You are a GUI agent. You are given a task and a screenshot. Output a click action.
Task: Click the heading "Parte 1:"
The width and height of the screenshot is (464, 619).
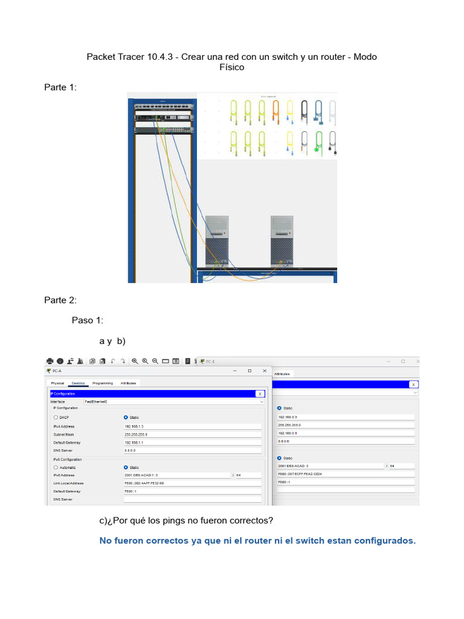[x=60, y=88]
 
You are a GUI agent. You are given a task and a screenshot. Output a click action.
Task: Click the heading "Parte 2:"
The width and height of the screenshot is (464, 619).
[x=60, y=300]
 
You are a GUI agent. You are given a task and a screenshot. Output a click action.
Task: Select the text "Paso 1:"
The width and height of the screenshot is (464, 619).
[x=88, y=320]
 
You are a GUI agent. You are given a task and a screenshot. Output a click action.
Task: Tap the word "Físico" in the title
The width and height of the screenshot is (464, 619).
[x=232, y=67]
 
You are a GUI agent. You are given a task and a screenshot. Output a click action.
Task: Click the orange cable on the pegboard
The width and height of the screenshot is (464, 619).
[x=275, y=112]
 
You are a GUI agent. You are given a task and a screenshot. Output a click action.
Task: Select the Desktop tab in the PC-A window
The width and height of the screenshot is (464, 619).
[x=79, y=383]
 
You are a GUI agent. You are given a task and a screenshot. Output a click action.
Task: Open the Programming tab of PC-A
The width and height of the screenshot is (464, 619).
[x=102, y=383]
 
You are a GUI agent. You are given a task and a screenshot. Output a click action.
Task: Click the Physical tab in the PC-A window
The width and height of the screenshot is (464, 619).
[x=57, y=383]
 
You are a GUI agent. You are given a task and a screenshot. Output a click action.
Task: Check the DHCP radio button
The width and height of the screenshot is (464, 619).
[x=56, y=417]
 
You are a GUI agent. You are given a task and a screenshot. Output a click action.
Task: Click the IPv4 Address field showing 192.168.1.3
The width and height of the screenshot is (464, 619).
[x=192, y=426]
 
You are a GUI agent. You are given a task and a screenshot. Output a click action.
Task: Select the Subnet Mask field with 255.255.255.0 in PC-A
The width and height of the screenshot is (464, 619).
[x=192, y=434]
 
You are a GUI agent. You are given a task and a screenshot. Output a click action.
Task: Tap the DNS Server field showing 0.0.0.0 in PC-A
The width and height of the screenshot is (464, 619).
[x=192, y=450]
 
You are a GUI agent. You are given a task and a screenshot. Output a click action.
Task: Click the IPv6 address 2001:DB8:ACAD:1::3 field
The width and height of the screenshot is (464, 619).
[x=176, y=475]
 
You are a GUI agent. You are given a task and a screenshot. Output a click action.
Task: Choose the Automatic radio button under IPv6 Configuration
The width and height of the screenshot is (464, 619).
[x=56, y=467]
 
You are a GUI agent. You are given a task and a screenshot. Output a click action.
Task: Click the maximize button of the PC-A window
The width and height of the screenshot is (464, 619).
[x=250, y=371]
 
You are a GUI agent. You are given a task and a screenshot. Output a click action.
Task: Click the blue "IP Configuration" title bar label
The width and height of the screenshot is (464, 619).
[x=63, y=394]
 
